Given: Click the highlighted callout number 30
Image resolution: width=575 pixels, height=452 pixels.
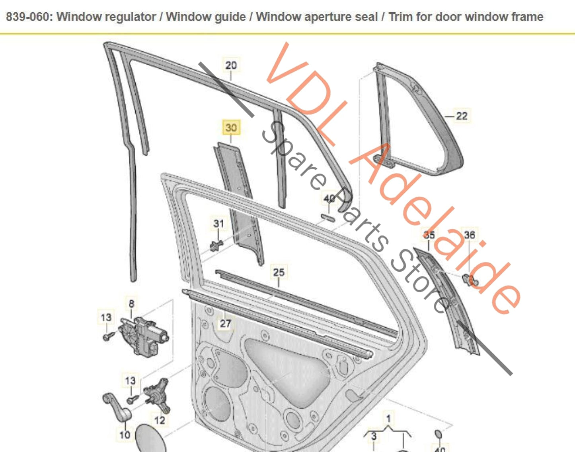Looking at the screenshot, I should [231, 128].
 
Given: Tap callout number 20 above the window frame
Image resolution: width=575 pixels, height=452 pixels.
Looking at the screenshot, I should [231, 65].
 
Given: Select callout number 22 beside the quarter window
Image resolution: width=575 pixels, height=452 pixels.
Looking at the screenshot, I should [462, 116].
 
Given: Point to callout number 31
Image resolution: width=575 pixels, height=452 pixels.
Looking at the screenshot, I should [218, 224].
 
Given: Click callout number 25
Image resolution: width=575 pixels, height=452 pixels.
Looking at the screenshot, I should [279, 272].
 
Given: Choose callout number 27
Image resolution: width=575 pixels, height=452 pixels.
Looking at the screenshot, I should [225, 324].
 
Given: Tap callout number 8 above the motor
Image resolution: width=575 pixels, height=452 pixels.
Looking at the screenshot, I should [131, 304].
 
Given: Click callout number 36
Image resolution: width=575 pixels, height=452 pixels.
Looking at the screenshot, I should [470, 235].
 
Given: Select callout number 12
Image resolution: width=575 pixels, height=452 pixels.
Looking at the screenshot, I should [159, 420].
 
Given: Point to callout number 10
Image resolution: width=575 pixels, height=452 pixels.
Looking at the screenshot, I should [125, 435].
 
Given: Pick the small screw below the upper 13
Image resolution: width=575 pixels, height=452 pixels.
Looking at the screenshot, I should [107, 336].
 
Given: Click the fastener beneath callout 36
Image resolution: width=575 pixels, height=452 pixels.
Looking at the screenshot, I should [470, 279].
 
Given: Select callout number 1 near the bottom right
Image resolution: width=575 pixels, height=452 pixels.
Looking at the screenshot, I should [388, 418].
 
